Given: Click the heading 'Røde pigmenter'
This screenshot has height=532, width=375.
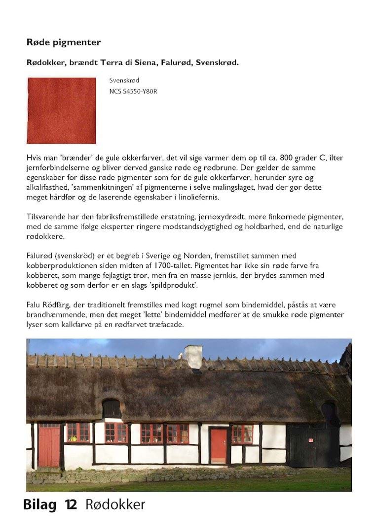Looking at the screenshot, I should [x=64, y=42].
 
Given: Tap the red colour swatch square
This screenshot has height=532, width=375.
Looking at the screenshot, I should [x=61, y=111].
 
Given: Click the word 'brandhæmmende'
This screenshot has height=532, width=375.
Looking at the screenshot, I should [x=57, y=315].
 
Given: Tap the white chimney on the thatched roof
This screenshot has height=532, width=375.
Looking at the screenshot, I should [x=193, y=356].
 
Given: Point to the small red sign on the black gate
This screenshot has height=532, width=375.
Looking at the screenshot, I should [x=311, y=440].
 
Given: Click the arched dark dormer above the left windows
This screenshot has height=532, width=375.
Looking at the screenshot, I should [x=112, y=408].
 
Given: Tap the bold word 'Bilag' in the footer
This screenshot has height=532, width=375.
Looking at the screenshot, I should [x=40, y=505].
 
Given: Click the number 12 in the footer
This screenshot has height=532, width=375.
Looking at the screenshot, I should [x=72, y=505].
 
